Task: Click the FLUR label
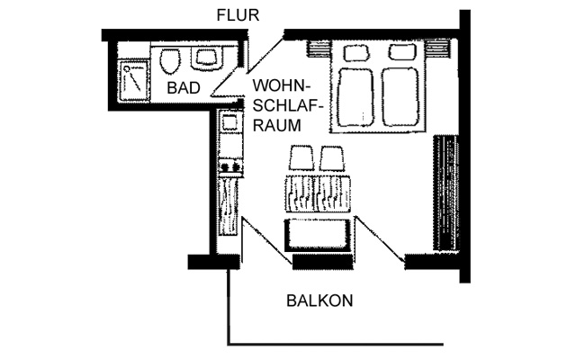(238, 15)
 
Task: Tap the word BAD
(184, 88)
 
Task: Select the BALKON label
(319, 301)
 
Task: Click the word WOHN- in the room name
(282, 86)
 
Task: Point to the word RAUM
(277, 126)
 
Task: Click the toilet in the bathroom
(170, 61)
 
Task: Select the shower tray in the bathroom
(135, 80)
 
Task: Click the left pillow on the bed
(356, 52)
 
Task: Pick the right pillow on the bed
(402, 52)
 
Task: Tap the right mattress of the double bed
(400, 97)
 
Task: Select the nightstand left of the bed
(318, 49)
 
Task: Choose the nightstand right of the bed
(438, 49)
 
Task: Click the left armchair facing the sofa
(301, 158)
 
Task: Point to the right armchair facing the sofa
(332, 158)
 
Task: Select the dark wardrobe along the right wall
(446, 193)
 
